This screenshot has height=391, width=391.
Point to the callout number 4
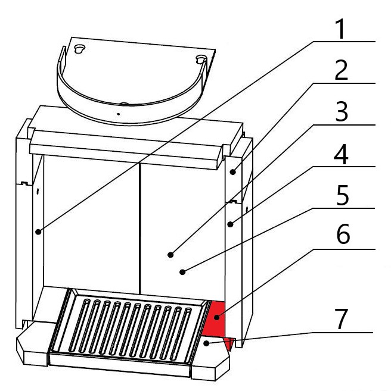point(341,154)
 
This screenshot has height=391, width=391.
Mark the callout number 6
point(343,234)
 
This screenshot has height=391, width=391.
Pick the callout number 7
point(341,319)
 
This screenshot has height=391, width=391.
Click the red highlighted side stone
point(215,319)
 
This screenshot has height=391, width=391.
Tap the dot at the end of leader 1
point(38,232)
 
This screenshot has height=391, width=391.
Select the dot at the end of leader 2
point(233,172)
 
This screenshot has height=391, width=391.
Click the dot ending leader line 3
point(170,255)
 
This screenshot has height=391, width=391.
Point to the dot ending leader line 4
point(230,224)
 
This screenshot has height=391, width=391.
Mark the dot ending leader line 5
point(182,272)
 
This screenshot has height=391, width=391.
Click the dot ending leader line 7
point(206,343)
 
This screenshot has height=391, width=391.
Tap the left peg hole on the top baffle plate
point(80,49)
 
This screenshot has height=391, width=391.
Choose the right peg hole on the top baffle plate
point(201,60)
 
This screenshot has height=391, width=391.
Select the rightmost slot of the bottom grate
point(181,334)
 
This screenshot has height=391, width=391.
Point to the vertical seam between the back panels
point(140,229)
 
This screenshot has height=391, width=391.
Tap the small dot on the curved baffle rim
point(119,114)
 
